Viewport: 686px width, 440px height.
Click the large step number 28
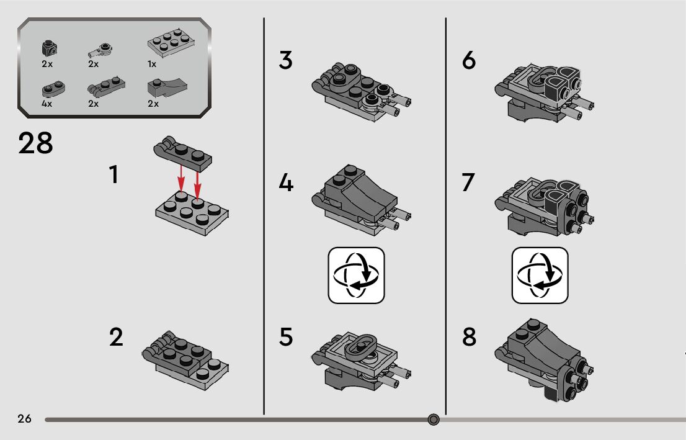click(x=35, y=143)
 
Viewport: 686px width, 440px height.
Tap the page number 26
click(x=25, y=418)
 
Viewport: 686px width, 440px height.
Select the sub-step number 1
click(x=114, y=174)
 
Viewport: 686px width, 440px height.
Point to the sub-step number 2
click(x=116, y=337)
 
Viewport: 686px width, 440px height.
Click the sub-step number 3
click(x=286, y=60)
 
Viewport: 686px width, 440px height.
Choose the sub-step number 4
click(x=286, y=182)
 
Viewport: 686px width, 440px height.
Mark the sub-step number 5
click(x=286, y=337)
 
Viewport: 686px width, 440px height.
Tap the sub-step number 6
click(x=468, y=60)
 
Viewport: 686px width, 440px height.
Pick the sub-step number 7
click(x=468, y=182)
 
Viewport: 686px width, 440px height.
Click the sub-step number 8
click(x=469, y=337)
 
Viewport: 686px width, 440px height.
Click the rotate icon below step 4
click(x=356, y=276)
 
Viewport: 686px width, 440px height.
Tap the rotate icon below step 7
click(x=540, y=276)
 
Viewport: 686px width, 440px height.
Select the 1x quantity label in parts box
click(x=152, y=65)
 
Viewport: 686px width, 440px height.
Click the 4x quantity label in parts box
click(x=47, y=104)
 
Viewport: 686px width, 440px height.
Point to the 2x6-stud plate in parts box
click(x=171, y=43)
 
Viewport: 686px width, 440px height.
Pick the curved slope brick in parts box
click(x=167, y=88)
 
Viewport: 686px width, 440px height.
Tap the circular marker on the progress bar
click(x=433, y=420)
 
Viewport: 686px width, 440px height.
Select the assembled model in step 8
click(x=544, y=360)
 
